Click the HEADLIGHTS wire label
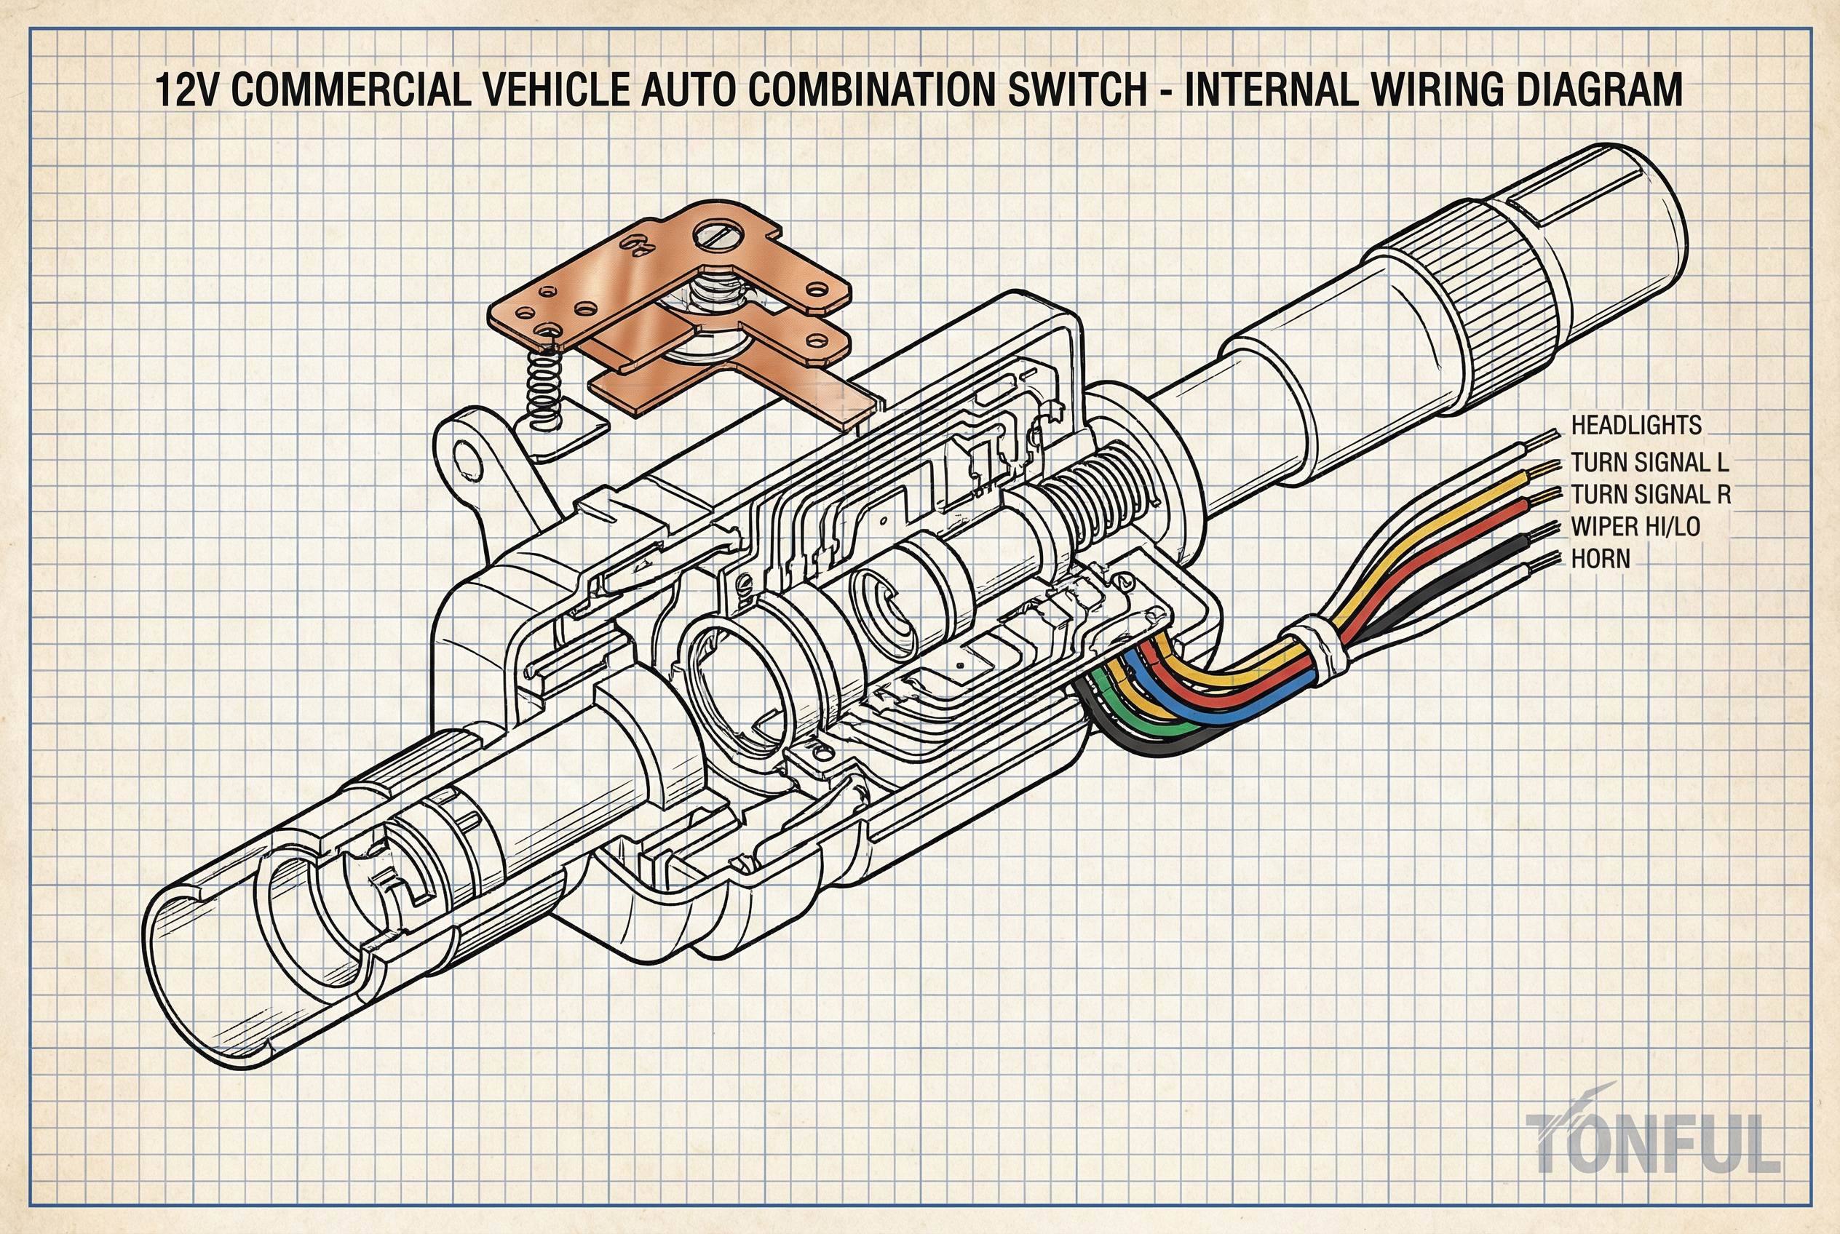click(x=1635, y=426)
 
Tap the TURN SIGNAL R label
click(x=1650, y=495)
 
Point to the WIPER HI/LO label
click(x=1635, y=527)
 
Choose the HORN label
click(x=1600, y=559)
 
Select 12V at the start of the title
click(x=187, y=89)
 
